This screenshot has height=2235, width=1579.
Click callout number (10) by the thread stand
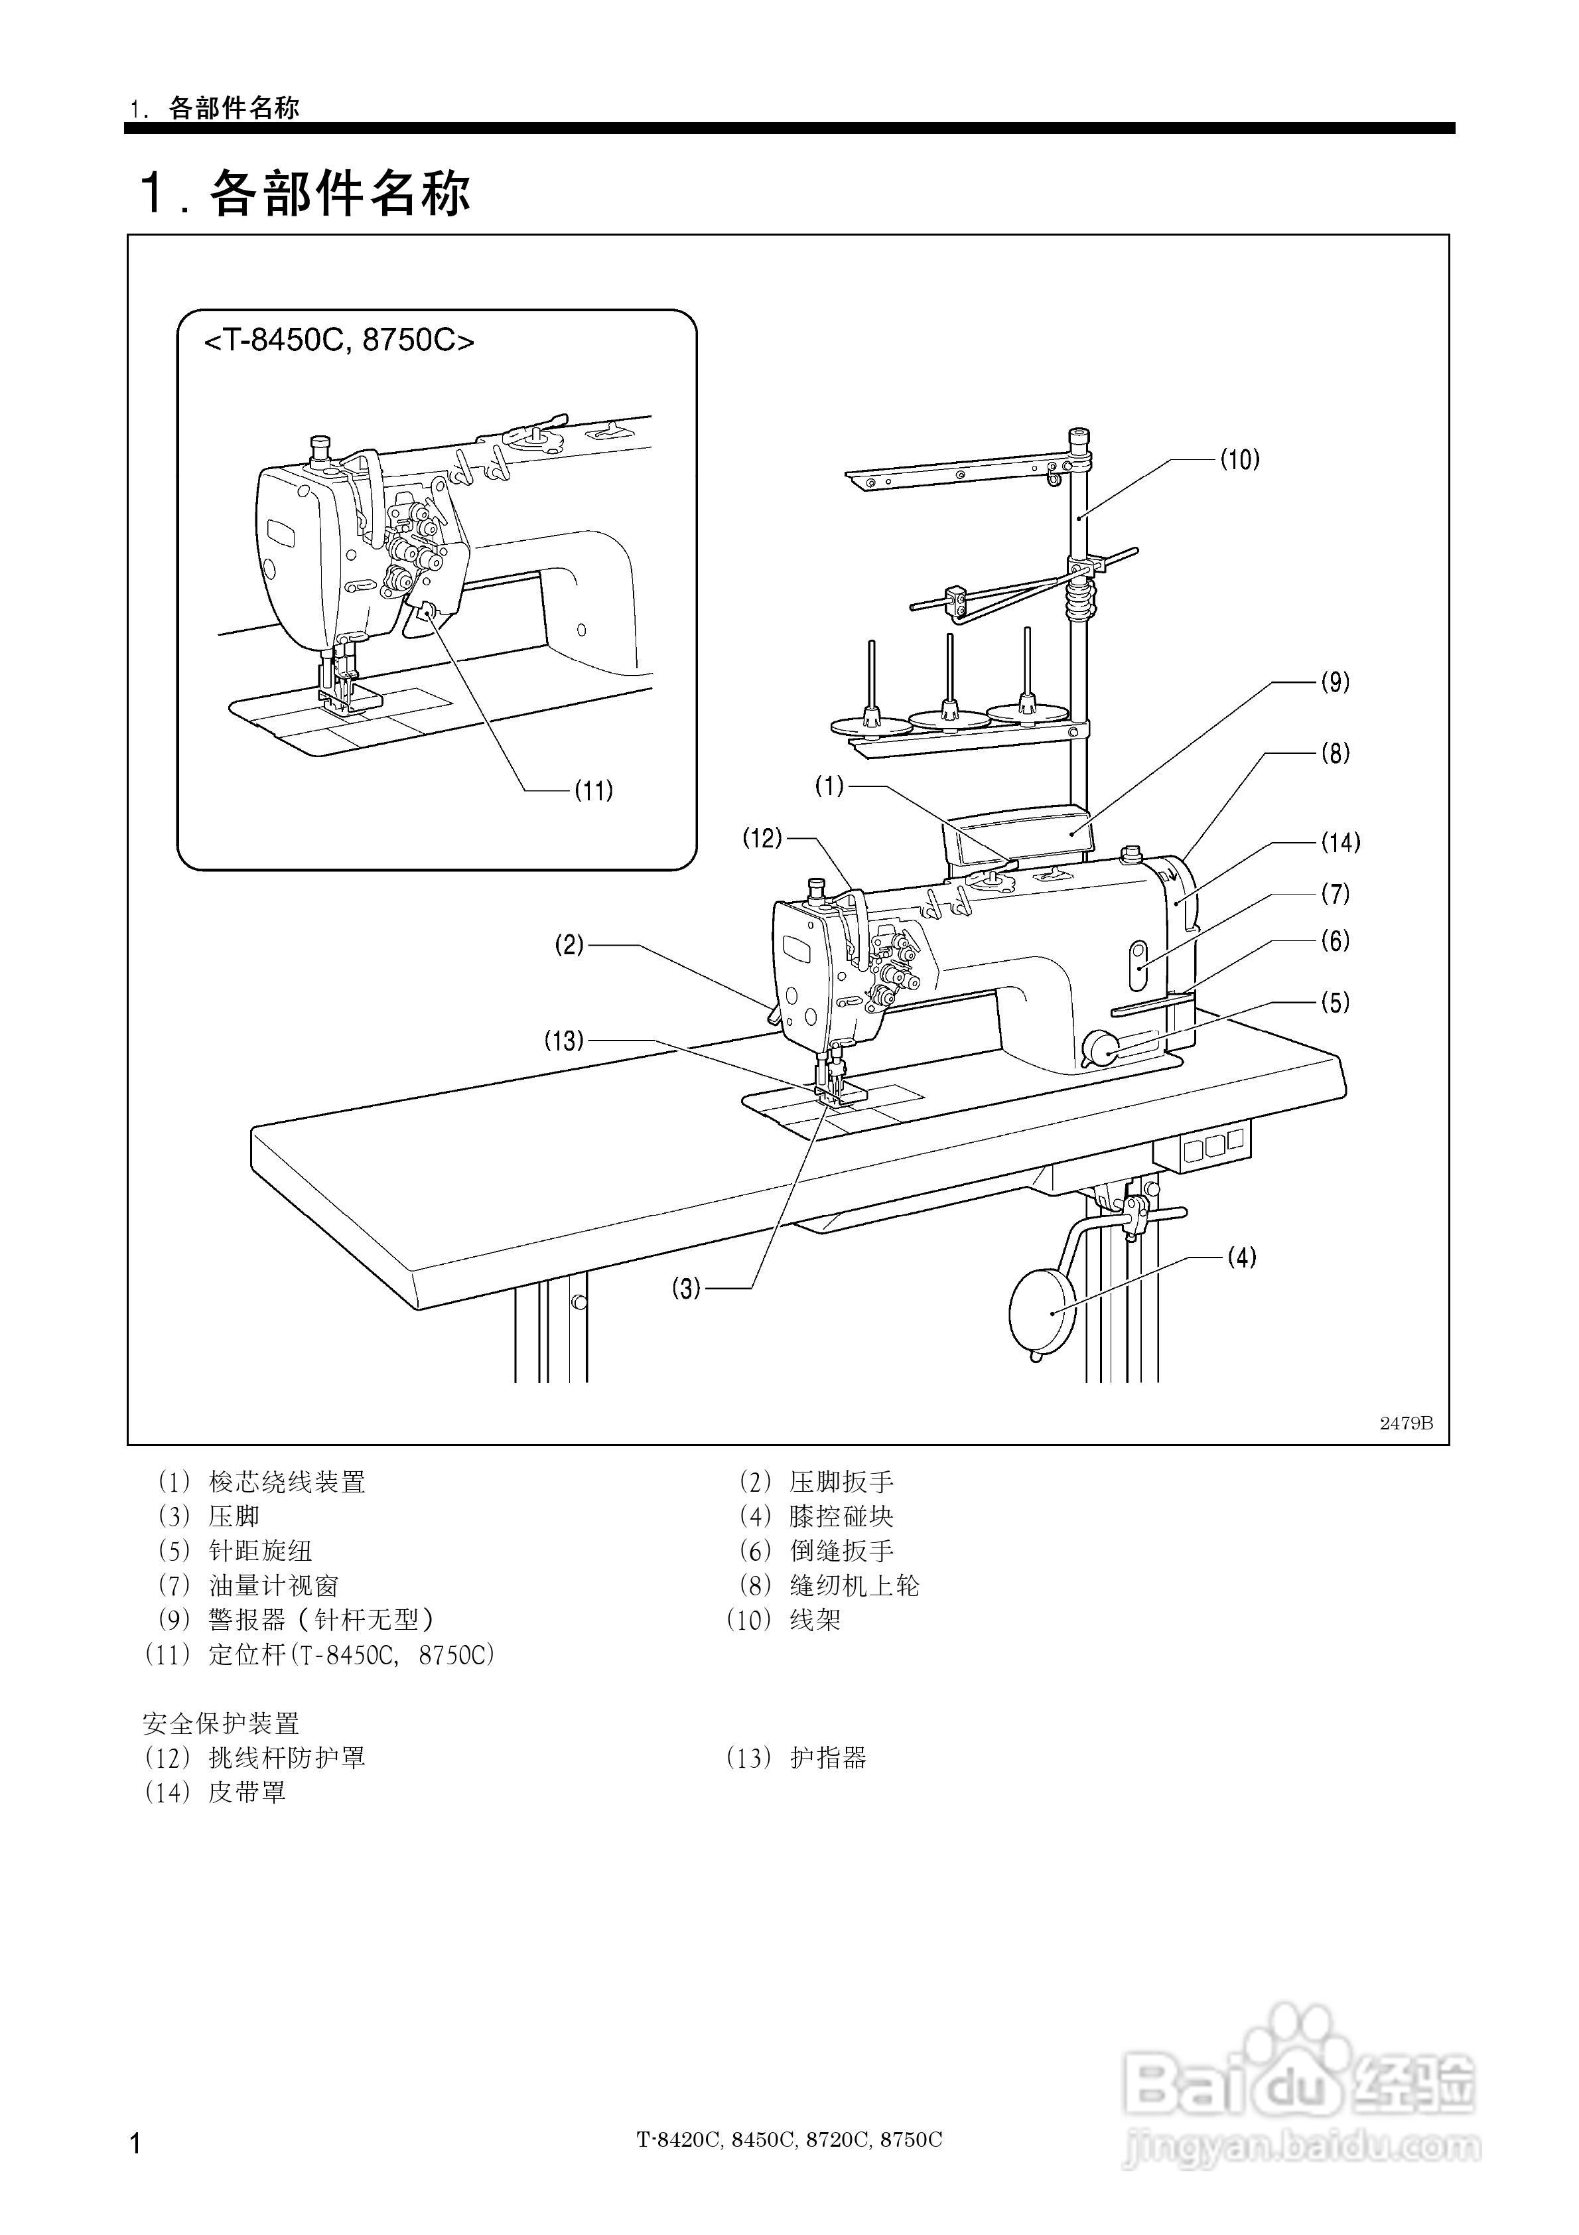(1239, 459)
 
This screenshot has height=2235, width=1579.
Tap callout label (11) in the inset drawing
(593, 790)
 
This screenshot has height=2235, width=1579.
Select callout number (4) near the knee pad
(1241, 1258)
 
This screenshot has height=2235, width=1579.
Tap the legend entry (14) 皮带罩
(216, 1792)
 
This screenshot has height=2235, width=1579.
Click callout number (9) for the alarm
(1335, 682)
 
